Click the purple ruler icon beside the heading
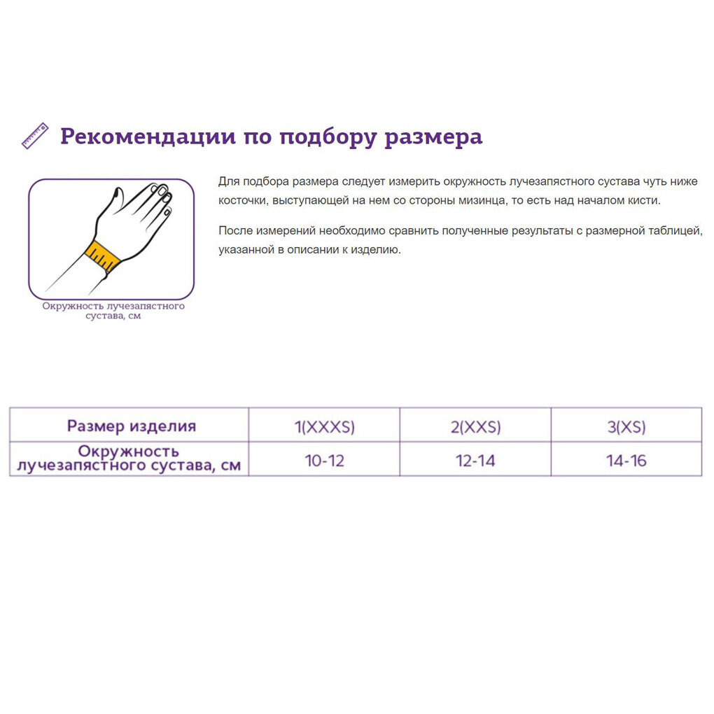[35, 136]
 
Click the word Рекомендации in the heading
[148, 136]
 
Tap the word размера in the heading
[434, 136]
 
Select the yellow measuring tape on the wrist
[103, 255]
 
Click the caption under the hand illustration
[113, 311]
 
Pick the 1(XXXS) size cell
[324, 426]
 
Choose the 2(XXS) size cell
[475, 426]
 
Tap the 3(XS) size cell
[626, 426]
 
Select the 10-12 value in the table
[324, 461]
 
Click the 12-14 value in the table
[475, 461]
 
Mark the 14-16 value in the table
[626, 461]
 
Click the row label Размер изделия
[131, 426]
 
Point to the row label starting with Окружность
[129, 458]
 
